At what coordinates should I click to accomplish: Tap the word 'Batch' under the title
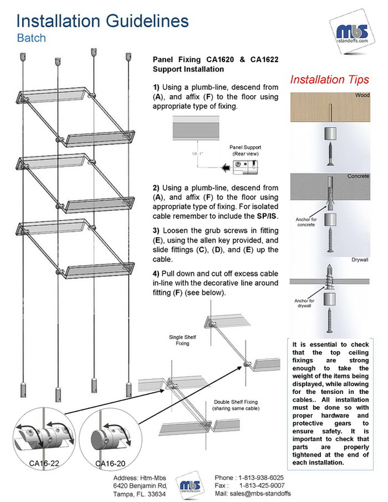tap(31, 38)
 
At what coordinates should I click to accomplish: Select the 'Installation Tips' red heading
tap(329, 80)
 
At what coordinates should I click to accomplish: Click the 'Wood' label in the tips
tap(361, 96)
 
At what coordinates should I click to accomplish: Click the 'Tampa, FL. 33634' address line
tap(135, 494)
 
